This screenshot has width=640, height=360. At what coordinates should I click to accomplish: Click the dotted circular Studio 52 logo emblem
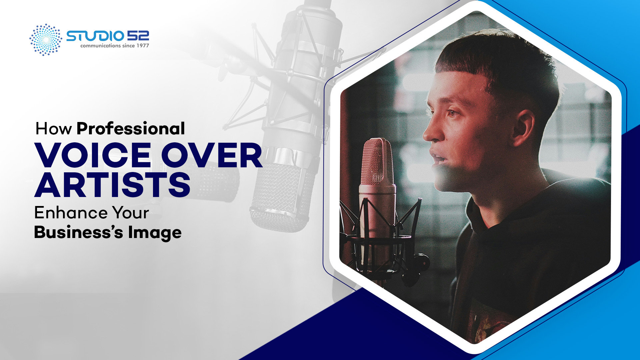coord(46,40)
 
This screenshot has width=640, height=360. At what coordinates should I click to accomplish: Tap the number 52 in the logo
coord(138,36)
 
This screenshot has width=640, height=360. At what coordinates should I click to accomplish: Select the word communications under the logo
coord(100,46)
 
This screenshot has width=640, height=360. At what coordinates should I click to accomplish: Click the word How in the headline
coord(53,129)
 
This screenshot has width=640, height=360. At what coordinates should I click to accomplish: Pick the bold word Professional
coord(131,129)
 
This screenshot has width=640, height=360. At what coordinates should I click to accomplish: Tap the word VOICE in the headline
coord(93,155)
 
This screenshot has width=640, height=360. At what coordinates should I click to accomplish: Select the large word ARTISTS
coord(112,185)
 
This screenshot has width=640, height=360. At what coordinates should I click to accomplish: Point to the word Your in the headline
coord(130,213)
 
